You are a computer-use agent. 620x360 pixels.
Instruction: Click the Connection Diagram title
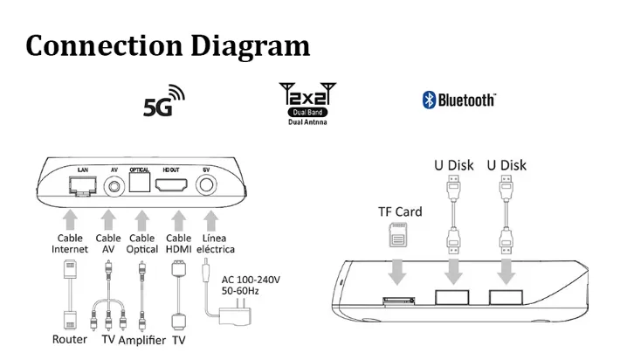tap(168, 45)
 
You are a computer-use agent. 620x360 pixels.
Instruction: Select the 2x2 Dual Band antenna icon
tap(307, 101)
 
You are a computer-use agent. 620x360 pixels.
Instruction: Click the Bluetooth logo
tap(458, 100)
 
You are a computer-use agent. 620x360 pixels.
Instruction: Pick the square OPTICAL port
tap(141, 183)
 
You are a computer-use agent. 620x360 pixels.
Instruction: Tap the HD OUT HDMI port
tap(173, 184)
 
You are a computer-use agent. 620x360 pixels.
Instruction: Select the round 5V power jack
tap(208, 185)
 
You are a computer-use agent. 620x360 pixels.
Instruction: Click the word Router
tap(70, 339)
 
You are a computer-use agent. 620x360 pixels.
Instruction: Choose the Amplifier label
tap(141, 339)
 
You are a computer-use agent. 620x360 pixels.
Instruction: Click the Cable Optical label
tap(141, 244)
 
